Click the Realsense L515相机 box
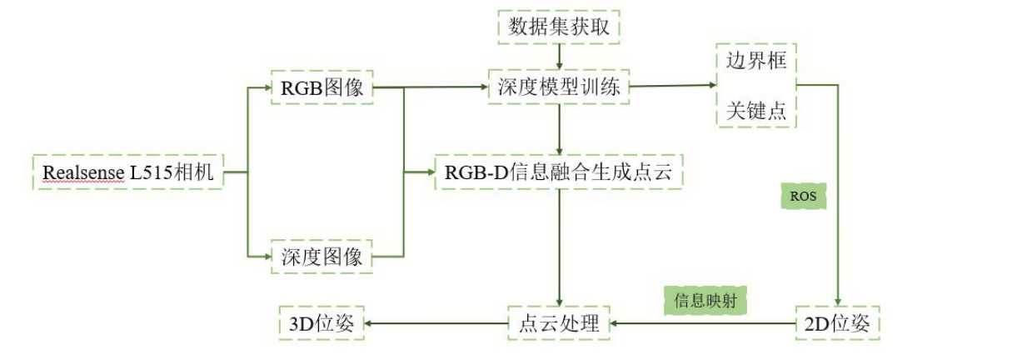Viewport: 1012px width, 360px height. [128, 173]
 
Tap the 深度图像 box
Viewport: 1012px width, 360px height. [322, 257]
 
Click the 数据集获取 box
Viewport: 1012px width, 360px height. [559, 27]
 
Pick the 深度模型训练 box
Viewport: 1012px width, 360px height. [559, 87]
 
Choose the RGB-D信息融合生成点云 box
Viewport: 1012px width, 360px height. [559, 172]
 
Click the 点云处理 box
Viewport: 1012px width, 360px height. [559, 323]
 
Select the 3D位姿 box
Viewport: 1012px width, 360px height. [321, 323]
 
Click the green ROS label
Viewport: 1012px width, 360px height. [803, 197]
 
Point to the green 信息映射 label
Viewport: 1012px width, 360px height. [705, 301]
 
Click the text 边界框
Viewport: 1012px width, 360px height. [755, 62]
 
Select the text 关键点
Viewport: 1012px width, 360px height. [755, 110]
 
